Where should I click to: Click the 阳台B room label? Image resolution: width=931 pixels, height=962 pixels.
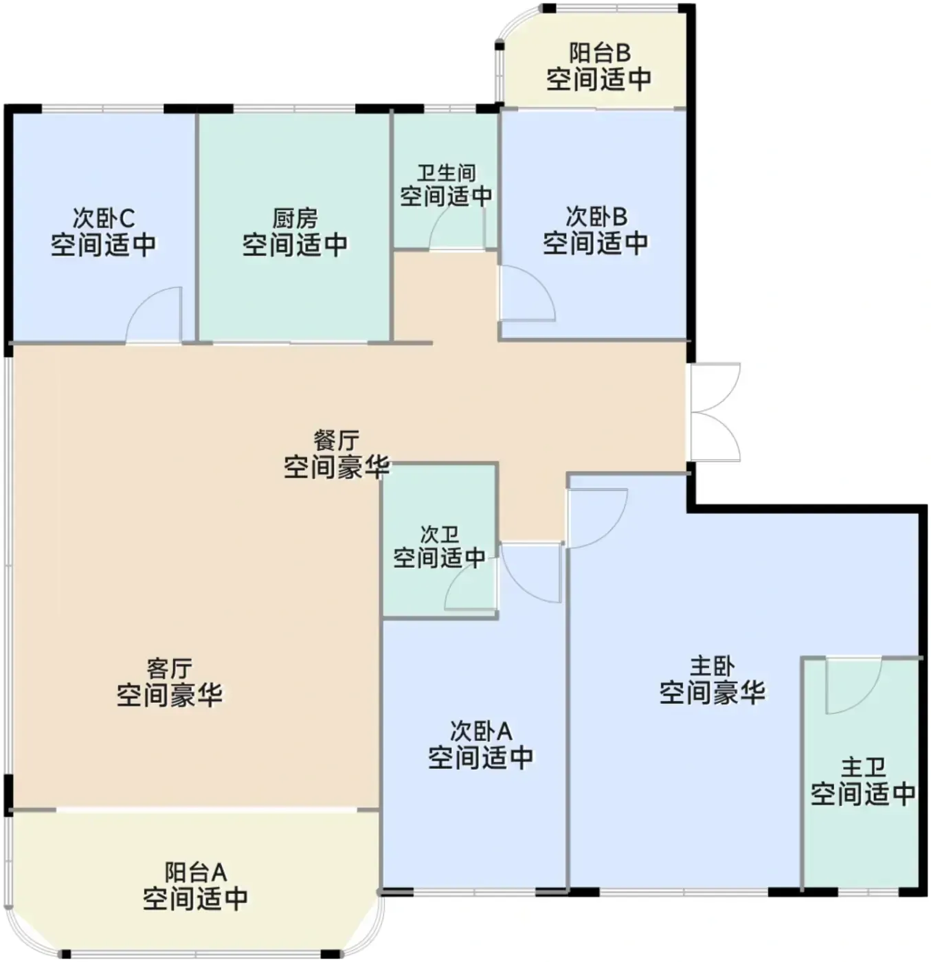[600, 53]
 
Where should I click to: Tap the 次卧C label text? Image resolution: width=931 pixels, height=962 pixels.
[104, 218]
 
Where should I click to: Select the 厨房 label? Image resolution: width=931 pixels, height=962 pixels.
[295, 219]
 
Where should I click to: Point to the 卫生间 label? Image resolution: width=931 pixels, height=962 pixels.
[447, 173]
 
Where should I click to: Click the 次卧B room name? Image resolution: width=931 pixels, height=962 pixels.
[596, 216]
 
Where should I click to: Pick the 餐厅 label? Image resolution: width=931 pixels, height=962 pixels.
[337, 440]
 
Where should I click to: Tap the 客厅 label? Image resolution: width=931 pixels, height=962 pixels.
[170, 669]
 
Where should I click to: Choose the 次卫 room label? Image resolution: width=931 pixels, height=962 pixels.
[440, 535]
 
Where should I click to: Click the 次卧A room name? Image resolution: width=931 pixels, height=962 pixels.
[481, 731]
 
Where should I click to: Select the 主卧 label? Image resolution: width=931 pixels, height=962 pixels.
[713, 667]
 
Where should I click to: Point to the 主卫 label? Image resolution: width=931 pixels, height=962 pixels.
[863, 768]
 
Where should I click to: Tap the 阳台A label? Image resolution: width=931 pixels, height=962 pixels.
[196, 873]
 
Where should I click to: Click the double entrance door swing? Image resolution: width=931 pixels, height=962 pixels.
[715, 412]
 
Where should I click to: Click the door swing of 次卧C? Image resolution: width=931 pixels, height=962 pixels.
[154, 315]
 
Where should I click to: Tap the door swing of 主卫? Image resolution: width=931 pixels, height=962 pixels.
[853, 686]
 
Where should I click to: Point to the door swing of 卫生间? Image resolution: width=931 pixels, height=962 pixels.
[457, 225]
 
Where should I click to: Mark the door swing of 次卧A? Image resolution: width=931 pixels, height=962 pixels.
[531, 574]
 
